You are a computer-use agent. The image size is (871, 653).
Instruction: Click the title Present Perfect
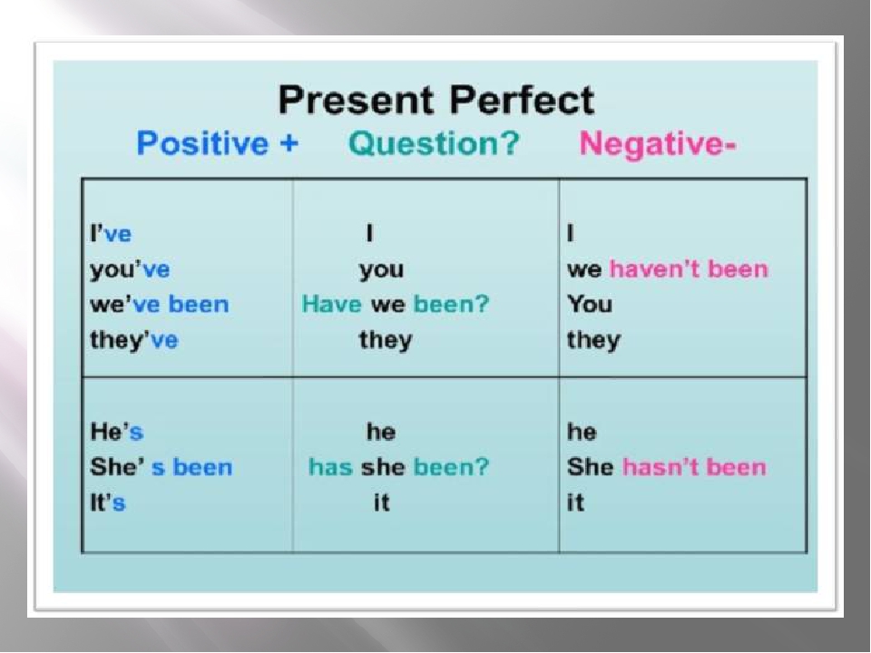(x=436, y=101)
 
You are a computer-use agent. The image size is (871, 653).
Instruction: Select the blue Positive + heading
(x=218, y=143)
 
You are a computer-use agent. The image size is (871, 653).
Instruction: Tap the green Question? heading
(x=434, y=143)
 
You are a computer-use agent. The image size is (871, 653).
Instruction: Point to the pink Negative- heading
(x=658, y=144)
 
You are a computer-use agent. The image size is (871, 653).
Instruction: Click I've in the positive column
(x=111, y=234)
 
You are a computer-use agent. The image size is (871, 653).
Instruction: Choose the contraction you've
(x=130, y=270)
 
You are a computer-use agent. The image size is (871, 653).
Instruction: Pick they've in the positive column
(x=134, y=340)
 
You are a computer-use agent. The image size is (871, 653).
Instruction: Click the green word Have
(x=332, y=305)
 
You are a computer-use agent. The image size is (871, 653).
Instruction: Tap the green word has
(x=330, y=467)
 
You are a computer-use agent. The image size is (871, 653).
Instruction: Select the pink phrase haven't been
(x=689, y=269)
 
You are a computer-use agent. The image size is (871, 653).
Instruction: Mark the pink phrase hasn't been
(x=694, y=467)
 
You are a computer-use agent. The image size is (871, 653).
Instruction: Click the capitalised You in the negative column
(x=590, y=305)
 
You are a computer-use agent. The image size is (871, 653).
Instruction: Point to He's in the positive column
(x=117, y=432)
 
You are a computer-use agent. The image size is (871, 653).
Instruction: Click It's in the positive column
(x=108, y=502)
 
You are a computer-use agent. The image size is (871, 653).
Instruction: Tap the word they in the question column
(x=387, y=340)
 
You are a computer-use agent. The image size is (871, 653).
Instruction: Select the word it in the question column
(x=382, y=502)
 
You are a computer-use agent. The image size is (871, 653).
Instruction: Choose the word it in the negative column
(x=575, y=502)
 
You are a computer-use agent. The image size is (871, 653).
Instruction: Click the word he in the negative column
(x=582, y=432)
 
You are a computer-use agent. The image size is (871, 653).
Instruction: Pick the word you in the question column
(x=382, y=270)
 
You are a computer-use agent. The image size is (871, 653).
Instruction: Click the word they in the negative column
(x=593, y=340)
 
